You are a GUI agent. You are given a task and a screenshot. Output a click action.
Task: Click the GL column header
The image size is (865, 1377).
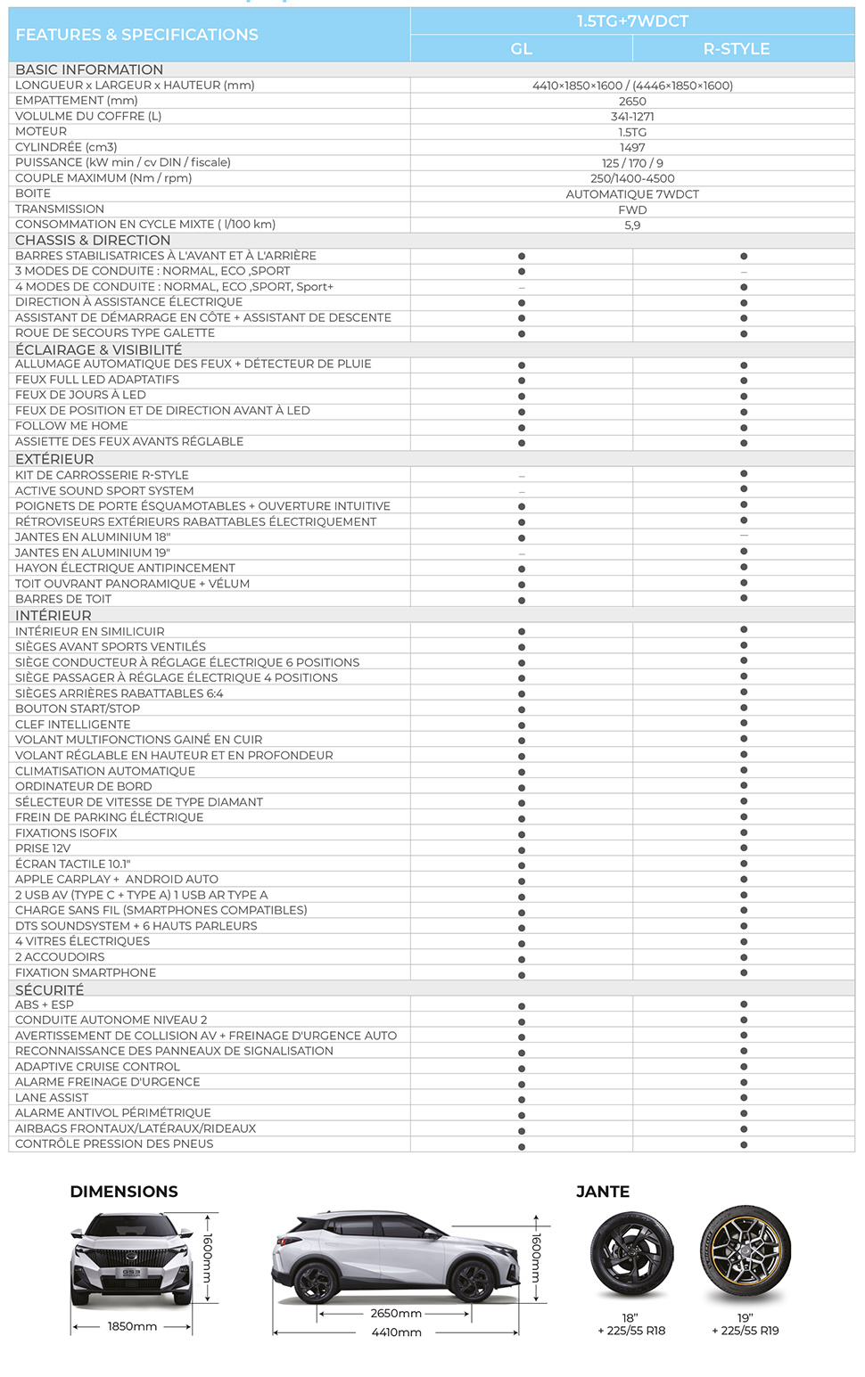[522, 49]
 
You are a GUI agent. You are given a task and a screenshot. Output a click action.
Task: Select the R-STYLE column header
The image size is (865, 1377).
[736, 49]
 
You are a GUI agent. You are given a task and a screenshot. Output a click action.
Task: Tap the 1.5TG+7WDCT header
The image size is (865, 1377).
[632, 21]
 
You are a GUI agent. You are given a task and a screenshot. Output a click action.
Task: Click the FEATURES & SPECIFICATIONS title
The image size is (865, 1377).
[136, 35]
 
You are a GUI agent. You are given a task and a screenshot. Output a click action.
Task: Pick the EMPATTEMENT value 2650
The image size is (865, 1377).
[632, 102]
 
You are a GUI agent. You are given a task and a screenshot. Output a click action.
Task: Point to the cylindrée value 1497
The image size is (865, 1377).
[632, 148]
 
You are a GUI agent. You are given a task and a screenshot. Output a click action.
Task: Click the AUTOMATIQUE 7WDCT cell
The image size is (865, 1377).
[632, 194]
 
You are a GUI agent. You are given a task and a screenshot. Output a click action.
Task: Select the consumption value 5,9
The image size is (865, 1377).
[632, 225]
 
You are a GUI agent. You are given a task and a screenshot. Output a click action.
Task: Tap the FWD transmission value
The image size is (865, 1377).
[632, 210]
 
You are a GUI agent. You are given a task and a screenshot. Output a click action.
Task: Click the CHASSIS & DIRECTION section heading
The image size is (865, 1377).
[93, 241]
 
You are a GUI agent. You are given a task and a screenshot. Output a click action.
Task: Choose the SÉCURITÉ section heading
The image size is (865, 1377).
[50, 990]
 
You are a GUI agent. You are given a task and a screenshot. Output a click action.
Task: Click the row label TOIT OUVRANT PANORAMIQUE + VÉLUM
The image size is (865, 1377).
[132, 584]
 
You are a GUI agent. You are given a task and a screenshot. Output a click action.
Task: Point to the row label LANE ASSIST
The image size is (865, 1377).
[52, 1097]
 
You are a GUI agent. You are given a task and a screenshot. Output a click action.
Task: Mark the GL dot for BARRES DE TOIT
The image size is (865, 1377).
[522, 601]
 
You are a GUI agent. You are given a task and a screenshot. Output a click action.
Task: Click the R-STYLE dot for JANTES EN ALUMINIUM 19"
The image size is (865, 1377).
[744, 552]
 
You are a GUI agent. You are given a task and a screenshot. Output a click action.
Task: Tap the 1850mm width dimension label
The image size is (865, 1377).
[132, 1326]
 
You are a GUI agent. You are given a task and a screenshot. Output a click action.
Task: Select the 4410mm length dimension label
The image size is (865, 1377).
[396, 1332]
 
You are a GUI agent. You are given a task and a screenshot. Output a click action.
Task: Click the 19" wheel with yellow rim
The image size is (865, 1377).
[745, 1254]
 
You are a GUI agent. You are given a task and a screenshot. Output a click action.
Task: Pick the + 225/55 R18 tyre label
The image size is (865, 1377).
[631, 1331]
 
